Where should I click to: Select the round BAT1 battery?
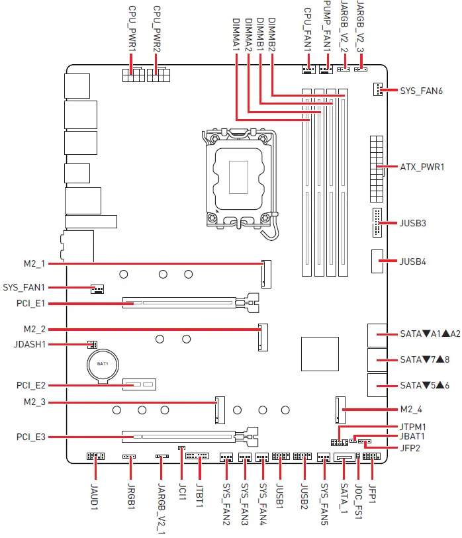pyautogui.click(x=101, y=365)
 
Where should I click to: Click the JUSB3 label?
pyautogui.click(x=413, y=223)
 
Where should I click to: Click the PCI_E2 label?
pyautogui.click(x=30, y=384)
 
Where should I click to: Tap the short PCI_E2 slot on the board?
pyautogui.click(x=139, y=384)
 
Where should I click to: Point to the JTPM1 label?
pyautogui.click(x=413, y=427)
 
